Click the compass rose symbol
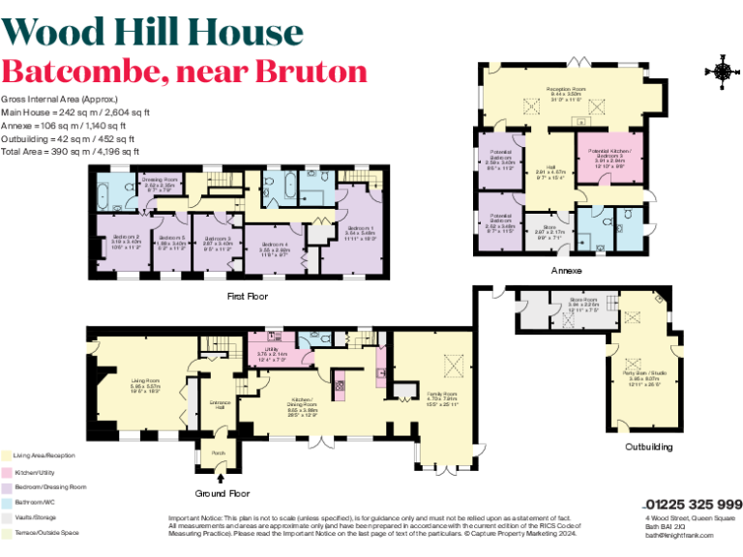[722, 71]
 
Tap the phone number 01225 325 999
[693, 504]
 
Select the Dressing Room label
[160, 182]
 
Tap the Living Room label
[145, 384]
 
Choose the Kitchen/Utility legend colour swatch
[5, 471]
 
